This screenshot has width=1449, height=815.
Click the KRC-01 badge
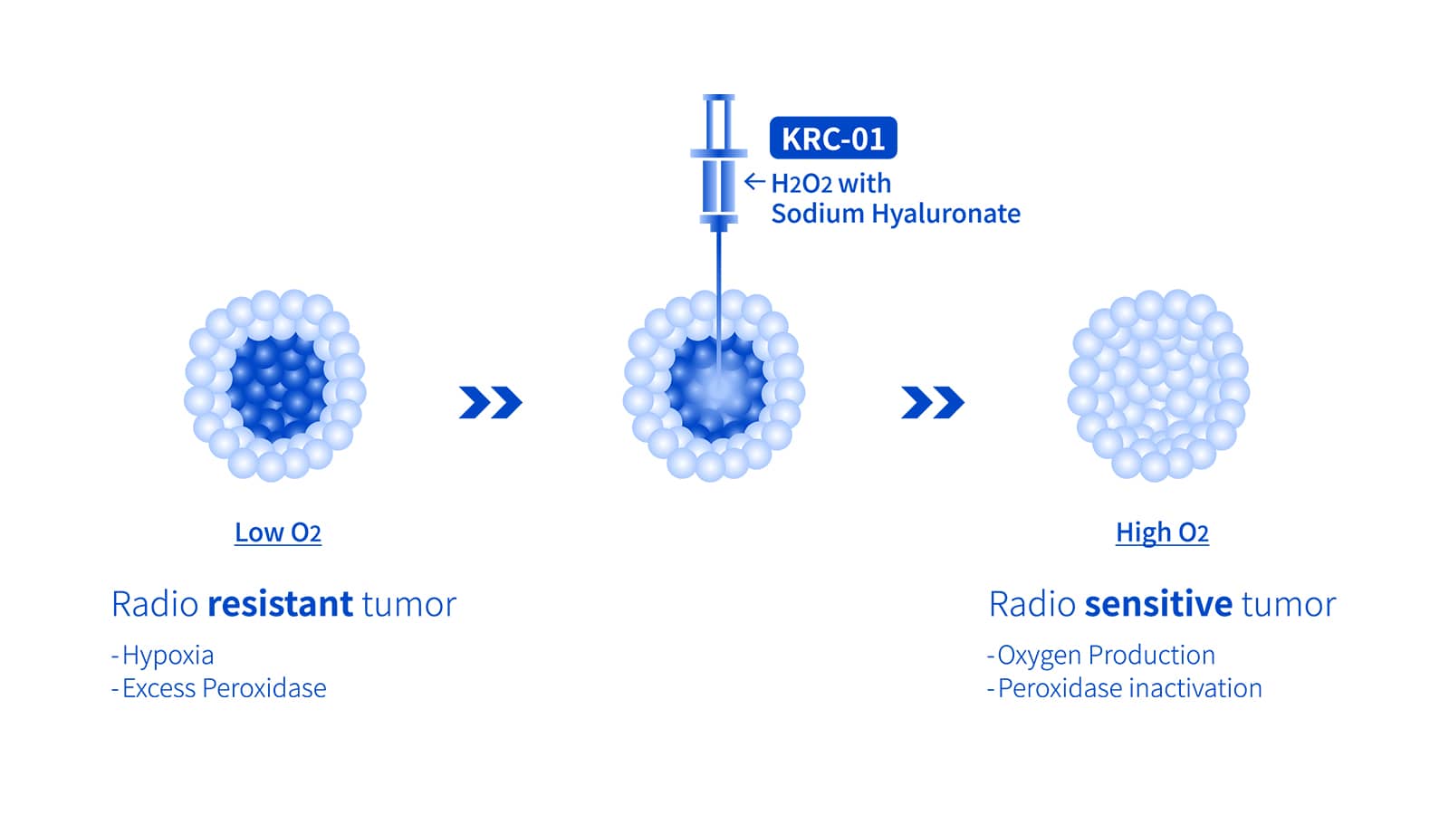pos(833,138)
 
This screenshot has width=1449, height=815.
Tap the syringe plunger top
pos(719,98)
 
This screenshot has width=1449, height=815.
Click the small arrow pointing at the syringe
pos(754,182)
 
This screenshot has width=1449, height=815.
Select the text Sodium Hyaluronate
pos(896,214)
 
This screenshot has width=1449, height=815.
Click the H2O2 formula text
pos(801,184)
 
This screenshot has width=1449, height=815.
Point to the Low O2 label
pos(277,532)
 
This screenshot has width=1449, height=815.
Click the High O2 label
pos(1162,532)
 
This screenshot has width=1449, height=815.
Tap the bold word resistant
pos(280,603)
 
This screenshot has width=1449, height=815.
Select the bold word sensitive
pos(1158,603)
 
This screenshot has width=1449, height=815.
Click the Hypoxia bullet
pos(162,656)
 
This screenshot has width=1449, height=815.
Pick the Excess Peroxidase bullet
pos(218,688)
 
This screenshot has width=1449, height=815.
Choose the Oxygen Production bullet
pos(1101,656)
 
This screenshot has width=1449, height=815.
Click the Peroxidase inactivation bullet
pos(1124,688)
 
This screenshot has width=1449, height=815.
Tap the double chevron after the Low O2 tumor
pos(490,402)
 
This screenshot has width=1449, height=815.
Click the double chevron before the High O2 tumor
pos(932,402)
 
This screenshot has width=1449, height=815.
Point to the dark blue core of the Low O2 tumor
pos(277,387)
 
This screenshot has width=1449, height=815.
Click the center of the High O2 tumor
pos(1158,386)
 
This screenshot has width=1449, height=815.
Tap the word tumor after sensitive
pos(1289,604)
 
